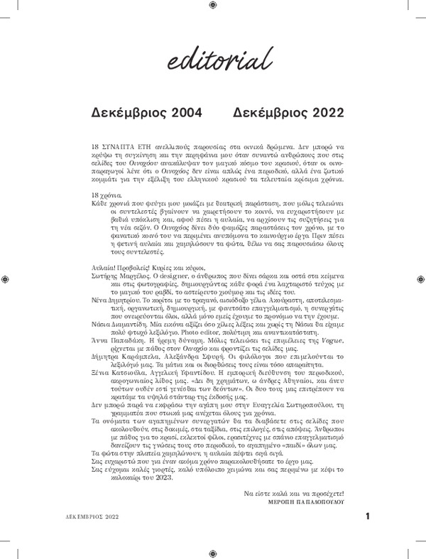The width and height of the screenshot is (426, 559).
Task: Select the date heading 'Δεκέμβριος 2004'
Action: (147, 112)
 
